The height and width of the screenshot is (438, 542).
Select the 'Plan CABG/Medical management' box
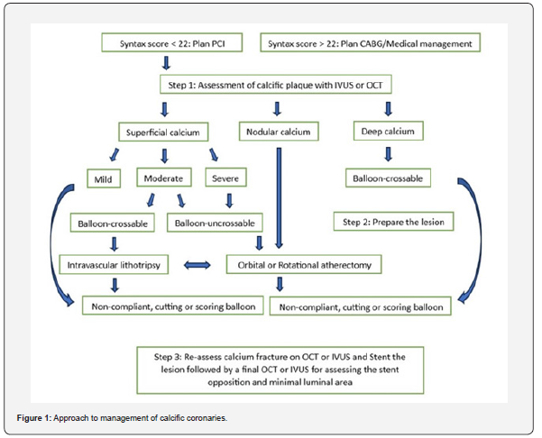[370, 42]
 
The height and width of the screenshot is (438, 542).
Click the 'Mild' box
[105, 178]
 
